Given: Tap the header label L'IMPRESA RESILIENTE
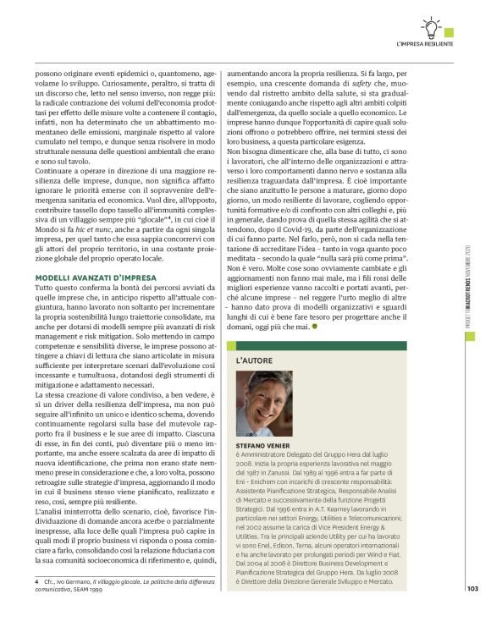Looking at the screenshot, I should click(x=424, y=42).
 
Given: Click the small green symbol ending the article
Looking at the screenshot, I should click(x=339, y=324).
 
